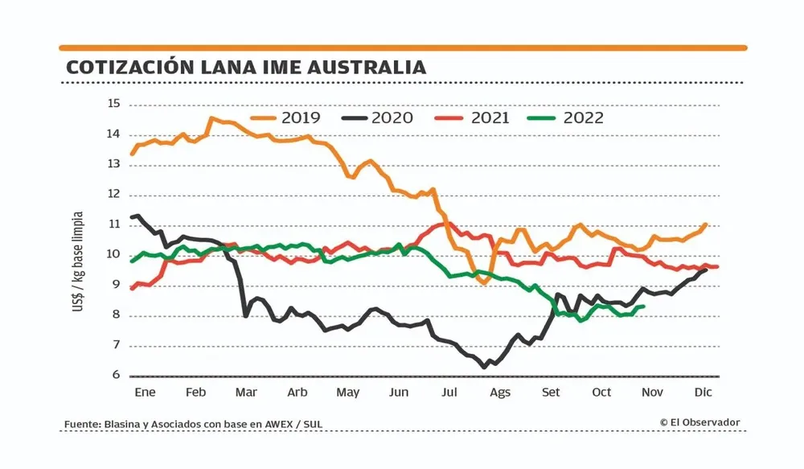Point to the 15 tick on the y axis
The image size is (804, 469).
(x=113, y=104)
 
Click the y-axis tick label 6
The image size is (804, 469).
(x=117, y=376)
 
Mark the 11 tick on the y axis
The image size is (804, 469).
(x=113, y=224)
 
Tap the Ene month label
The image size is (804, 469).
(x=145, y=393)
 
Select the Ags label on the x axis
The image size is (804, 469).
(x=499, y=393)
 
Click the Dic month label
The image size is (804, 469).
(x=704, y=393)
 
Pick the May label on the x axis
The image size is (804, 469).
(x=347, y=393)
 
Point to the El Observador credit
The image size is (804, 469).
(x=699, y=422)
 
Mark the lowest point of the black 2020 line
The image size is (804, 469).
(x=484, y=367)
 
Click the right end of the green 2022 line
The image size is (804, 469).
(x=643, y=306)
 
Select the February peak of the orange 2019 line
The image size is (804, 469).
(x=211, y=118)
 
